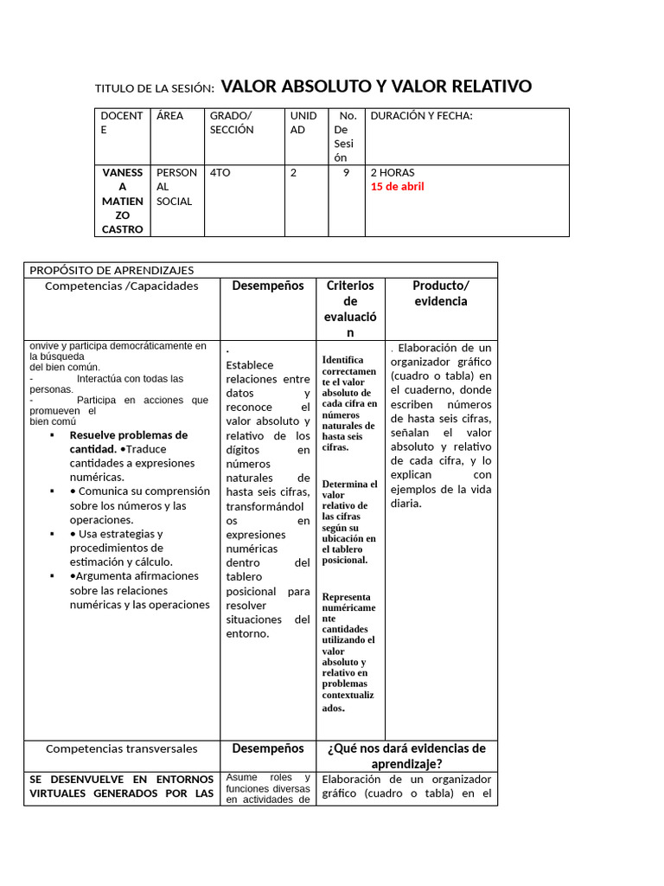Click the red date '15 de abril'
coord(397,187)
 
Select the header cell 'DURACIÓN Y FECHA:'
coord(421,116)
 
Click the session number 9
coord(346,173)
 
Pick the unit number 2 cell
coord(294,173)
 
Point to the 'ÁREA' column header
coord(169,116)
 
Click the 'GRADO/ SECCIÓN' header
coord(232,123)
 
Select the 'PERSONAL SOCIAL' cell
coord(176,187)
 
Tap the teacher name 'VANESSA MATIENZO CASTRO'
coord(122,201)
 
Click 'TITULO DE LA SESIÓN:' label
coord(154,88)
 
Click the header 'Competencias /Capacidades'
coord(121,286)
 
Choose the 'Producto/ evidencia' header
coord(440,293)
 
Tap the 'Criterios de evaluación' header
coord(350,309)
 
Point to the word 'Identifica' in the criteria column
coord(343,360)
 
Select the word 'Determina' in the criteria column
coord(349,485)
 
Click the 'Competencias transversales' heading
coord(121,748)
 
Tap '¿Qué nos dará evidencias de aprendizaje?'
coord(406,756)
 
